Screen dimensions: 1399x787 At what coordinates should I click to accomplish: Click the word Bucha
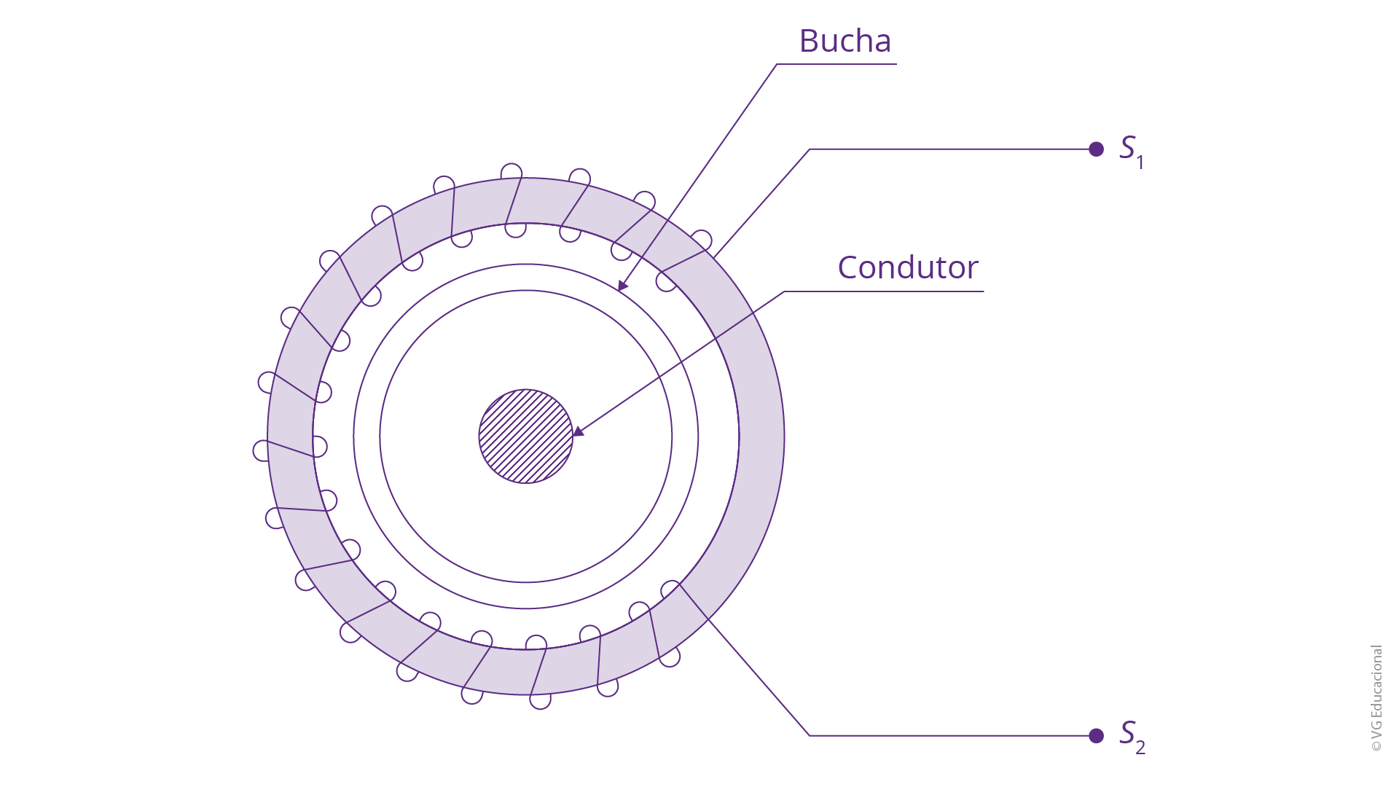coord(845,41)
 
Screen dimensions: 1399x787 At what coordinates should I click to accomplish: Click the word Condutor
coord(908,267)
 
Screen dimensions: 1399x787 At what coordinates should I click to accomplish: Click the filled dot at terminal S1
coord(1096,149)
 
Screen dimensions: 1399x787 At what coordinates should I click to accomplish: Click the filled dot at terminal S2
coord(1096,736)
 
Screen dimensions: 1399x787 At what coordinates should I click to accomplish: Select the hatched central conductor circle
coord(525,436)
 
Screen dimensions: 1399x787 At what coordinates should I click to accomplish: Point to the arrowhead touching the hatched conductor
coord(578,431)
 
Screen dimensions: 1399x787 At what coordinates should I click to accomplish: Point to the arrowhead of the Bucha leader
coord(622,286)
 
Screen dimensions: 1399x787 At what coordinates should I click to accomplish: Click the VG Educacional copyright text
coord(1376,698)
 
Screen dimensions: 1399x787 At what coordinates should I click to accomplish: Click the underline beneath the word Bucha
coord(836,64)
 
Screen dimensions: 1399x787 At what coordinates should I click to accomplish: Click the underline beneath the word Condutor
coord(884,291)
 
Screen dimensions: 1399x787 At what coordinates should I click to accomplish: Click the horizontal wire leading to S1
coord(952,149)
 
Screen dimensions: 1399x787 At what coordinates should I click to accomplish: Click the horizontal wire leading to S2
coord(952,736)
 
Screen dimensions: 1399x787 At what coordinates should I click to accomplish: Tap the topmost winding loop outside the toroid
coord(512,171)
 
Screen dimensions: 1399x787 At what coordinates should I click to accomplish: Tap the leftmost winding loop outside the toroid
coord(261,450)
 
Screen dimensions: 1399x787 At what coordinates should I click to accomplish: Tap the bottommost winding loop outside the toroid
coord(540,701)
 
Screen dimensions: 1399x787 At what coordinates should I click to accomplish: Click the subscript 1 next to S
coord(1140,163)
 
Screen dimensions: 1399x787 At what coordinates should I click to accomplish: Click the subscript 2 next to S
coord(1140,748)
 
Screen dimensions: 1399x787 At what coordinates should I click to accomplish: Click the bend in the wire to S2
coord(810,736)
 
